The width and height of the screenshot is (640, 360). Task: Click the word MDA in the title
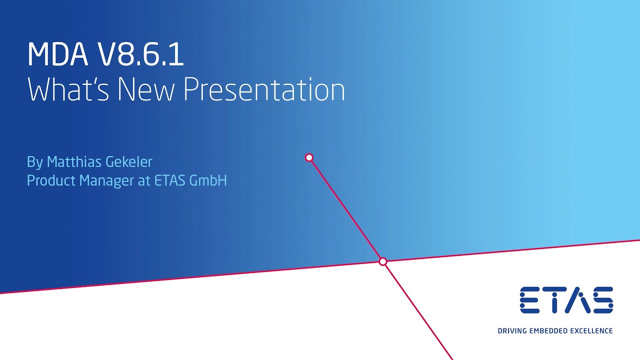tap(57, 54)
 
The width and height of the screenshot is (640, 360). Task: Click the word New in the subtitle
tap(146, 89)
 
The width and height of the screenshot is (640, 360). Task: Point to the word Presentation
tap(264, 89)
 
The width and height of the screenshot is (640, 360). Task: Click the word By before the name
tap(35, 162)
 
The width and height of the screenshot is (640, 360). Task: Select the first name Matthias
tap(74, 161)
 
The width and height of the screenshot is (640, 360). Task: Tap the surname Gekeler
tap(129, 161)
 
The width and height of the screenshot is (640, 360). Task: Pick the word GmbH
tap(208, 180)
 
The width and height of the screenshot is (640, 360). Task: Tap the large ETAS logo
tap(566, 300)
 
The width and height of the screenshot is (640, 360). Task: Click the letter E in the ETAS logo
tap(529, 300)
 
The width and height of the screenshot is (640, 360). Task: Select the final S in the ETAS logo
tap(602, 300)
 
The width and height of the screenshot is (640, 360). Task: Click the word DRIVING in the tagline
tap(512, 331)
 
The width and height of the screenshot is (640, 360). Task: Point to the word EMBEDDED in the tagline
tap(548, 331)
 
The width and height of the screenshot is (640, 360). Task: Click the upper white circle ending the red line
tap(309, 157)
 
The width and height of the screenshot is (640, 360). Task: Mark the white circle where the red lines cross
tap(383, 261)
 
